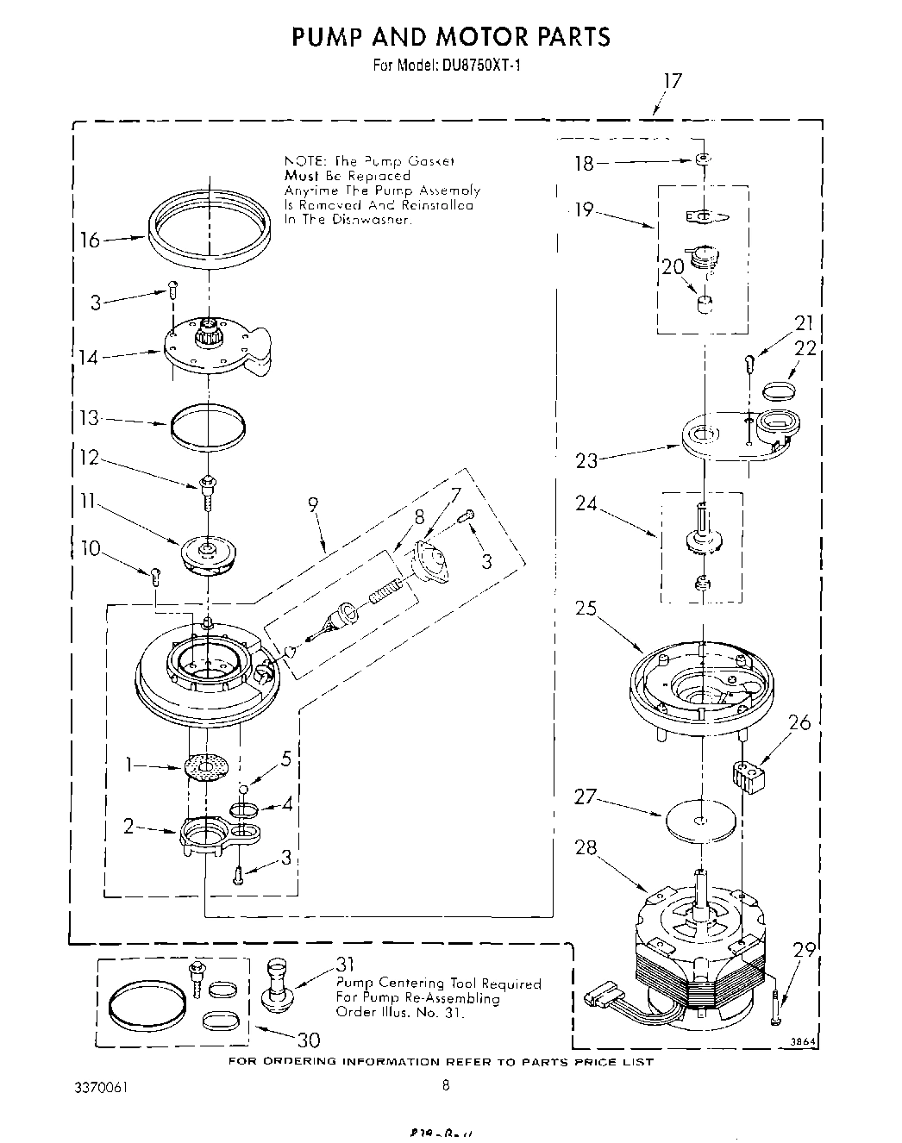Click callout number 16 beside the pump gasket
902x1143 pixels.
pos(91,240)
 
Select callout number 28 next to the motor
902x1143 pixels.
pos(586,848)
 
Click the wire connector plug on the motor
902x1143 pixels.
pos(600,998)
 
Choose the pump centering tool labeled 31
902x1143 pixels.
pos(279,984)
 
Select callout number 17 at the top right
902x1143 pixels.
pos(672,81)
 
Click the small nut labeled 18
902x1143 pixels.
pos(705,160)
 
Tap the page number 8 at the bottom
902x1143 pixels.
pos(446,1086)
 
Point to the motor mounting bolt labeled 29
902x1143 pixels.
pos(779,1007)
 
